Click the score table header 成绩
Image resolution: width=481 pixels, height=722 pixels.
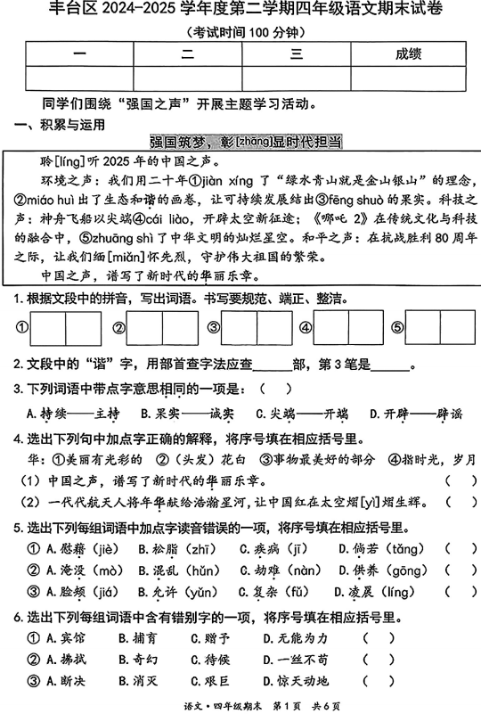tap(407, 54)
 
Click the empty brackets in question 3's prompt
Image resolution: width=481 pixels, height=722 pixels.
tap(275, 390)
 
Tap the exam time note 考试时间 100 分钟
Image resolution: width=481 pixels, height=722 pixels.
tap(241, 29)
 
